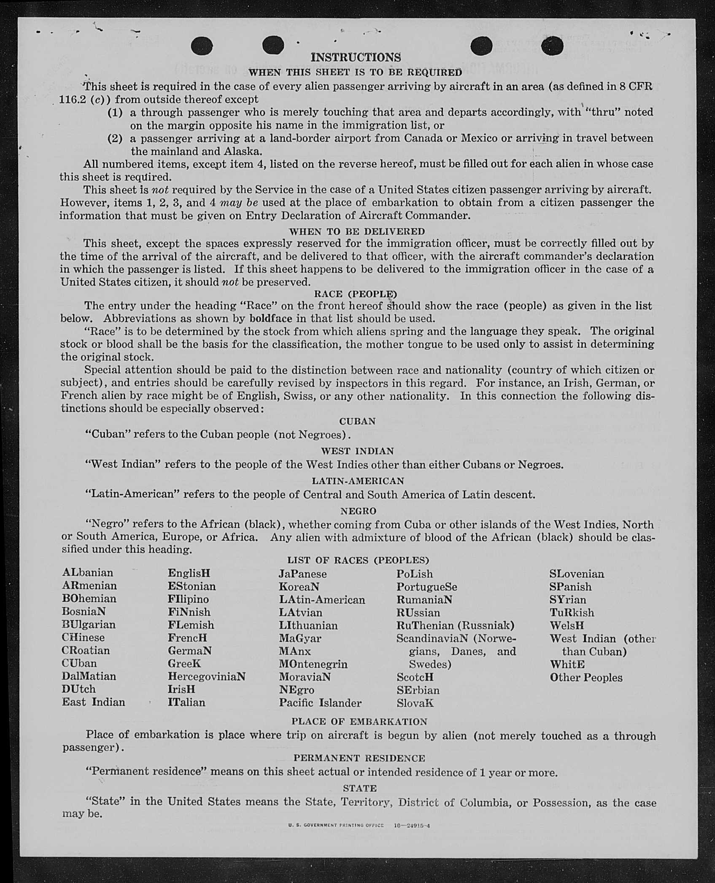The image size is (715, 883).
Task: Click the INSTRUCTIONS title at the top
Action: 355,57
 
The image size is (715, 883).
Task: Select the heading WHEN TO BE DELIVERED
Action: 357,231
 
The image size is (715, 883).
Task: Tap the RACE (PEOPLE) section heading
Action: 355,293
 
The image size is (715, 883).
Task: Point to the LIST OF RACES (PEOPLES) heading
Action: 358,560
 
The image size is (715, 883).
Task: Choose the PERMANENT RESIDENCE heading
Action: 359,758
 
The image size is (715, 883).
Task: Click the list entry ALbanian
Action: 88,573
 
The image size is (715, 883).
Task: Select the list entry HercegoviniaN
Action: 206,676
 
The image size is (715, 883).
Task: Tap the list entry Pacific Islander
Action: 320,703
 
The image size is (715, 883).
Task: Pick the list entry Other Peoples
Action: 586,678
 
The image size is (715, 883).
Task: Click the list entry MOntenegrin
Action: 313,664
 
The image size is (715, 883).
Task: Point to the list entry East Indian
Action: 93,702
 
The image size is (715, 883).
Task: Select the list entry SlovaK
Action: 415,703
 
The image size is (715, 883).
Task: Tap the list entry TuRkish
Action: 572,612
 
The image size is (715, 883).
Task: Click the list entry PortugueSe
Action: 426,587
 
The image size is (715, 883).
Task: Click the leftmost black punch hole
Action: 202,46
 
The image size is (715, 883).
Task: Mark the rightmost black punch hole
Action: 552,47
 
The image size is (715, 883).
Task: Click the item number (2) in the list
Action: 115,138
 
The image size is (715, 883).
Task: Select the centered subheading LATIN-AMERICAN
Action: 358,481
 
